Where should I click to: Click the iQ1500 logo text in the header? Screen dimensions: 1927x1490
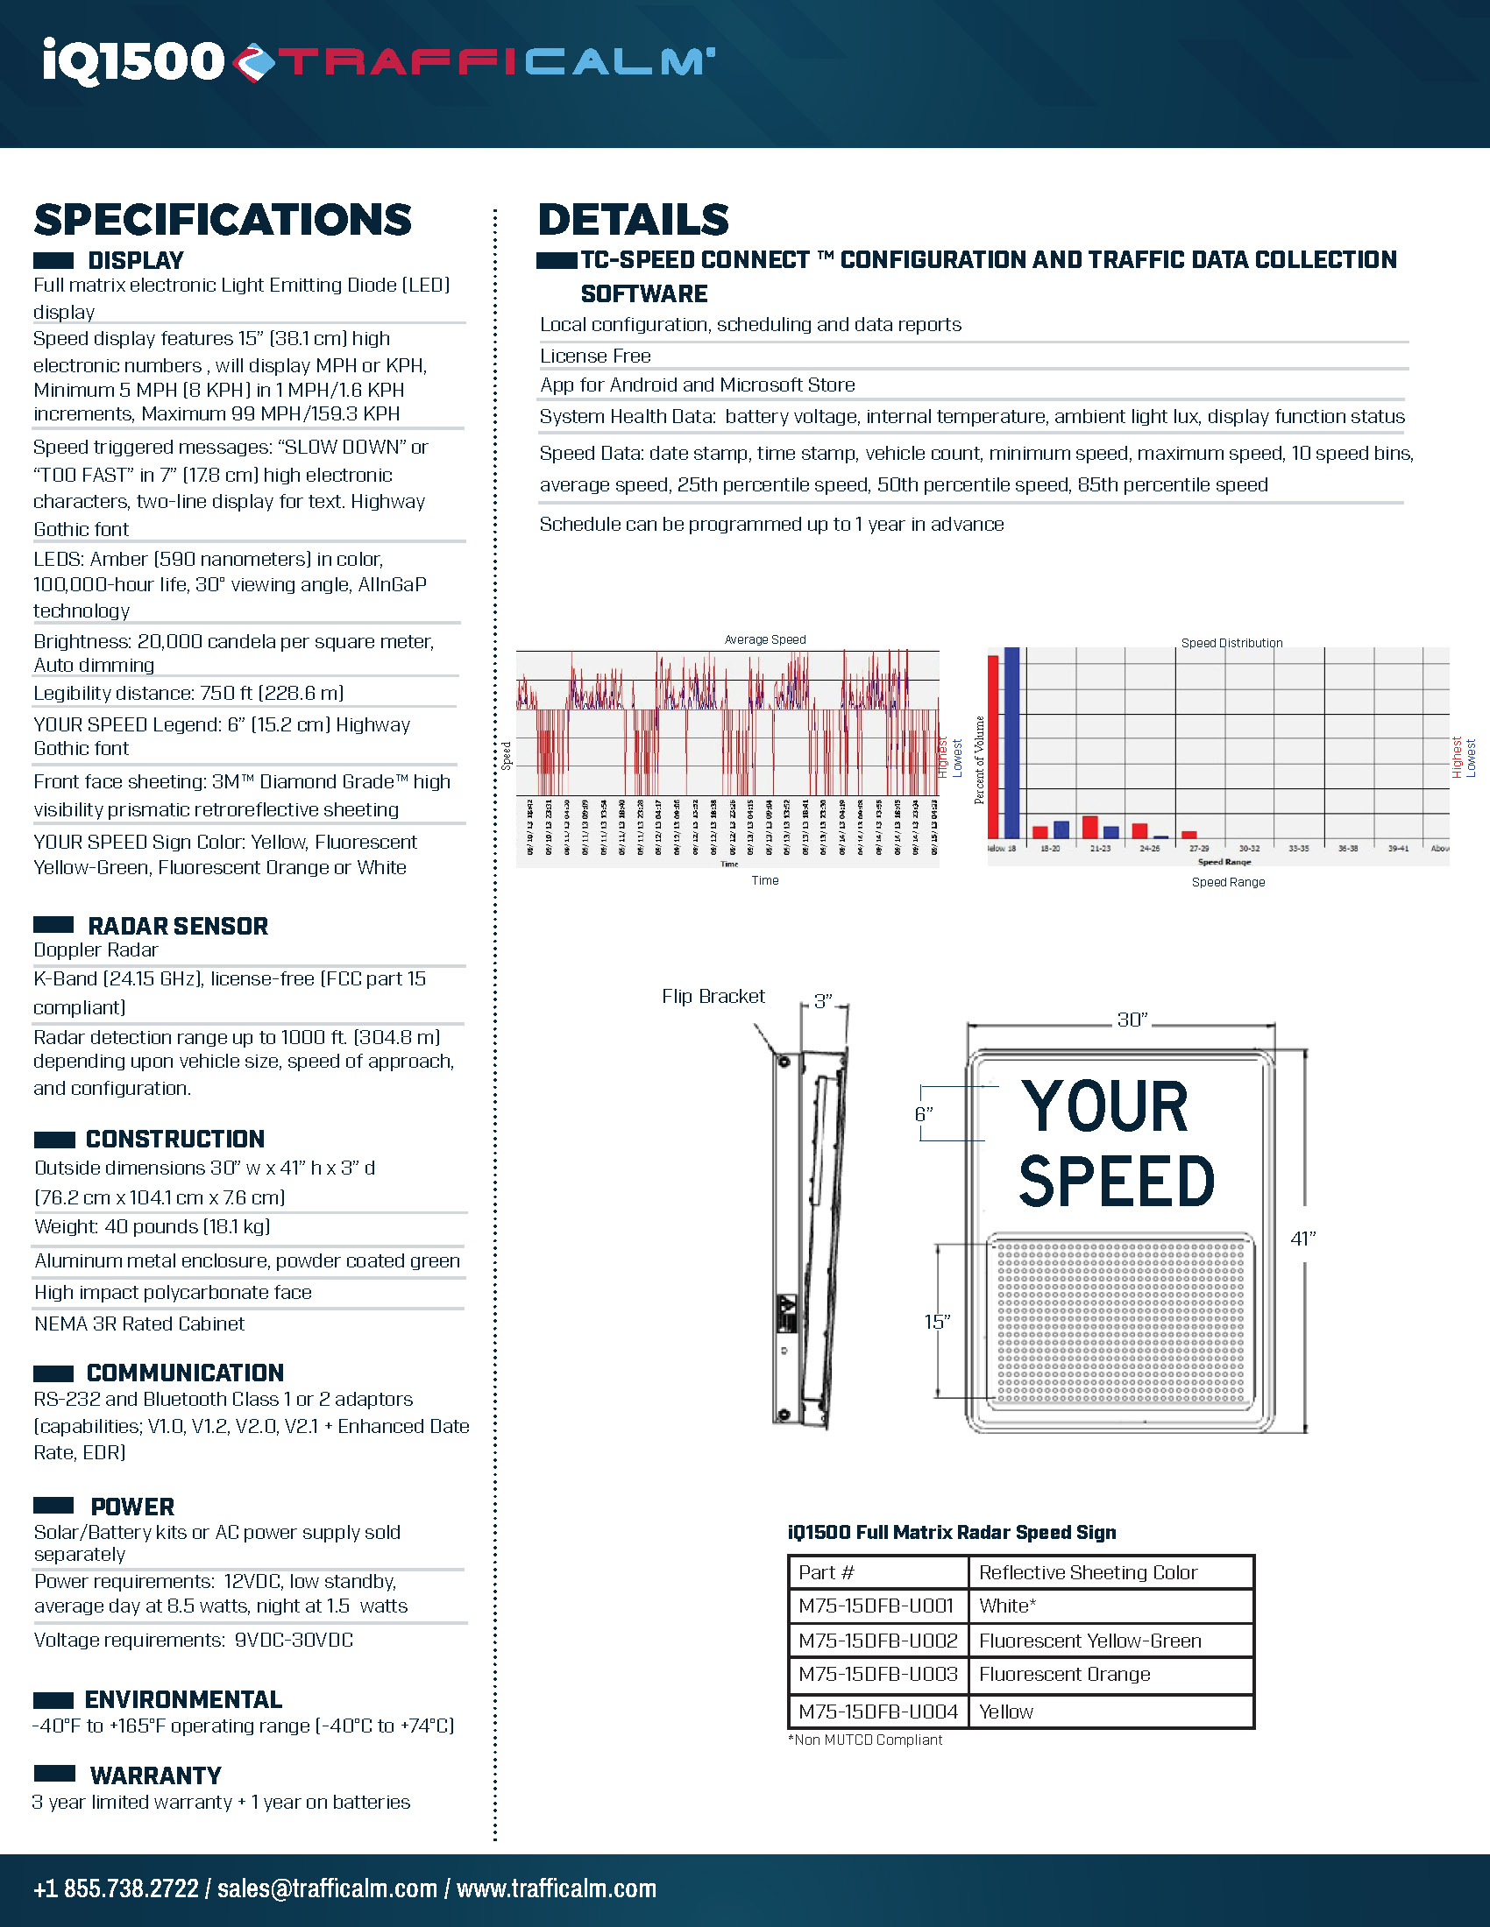132,62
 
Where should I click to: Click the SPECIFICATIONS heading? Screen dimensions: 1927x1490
223,220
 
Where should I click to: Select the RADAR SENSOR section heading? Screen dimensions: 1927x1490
177,926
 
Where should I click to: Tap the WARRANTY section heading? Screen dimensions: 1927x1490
155,1775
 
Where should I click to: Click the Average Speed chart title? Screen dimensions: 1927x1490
764,639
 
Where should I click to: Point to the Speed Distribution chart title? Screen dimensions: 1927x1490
1231,643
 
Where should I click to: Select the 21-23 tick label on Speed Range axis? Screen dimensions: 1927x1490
1100,848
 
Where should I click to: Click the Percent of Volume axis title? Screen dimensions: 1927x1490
979,759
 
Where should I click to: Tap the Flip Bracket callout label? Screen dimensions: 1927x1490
713,996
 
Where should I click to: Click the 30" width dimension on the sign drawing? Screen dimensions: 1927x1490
1132,1020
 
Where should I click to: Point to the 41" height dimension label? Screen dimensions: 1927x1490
1302,1239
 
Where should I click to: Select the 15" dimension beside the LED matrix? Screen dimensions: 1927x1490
937,1322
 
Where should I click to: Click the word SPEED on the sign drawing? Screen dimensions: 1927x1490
1117,1182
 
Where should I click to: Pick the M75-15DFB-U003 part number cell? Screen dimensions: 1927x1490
877,1675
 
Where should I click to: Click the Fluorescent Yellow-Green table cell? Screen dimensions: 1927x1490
1090,1641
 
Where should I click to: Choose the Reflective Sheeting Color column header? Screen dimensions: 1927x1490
1088,1572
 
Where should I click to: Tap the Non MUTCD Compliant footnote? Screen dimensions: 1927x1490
865,1740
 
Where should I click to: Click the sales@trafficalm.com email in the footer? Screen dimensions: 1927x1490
327,1888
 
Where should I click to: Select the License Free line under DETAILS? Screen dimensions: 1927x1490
596,356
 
